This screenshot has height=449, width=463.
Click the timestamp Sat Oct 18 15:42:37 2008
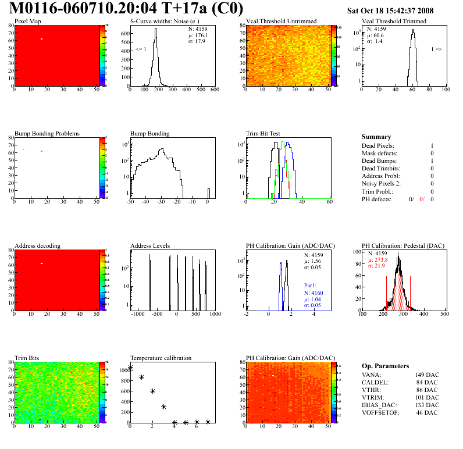point(390,10)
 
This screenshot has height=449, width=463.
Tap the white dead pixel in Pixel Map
point(42,39)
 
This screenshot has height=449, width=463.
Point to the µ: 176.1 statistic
point(198,35)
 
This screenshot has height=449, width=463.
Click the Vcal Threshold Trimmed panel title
point(394,22)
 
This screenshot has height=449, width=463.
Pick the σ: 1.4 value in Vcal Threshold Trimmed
point(375,41)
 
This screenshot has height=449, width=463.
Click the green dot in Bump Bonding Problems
point(42,151)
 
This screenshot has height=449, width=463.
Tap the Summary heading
point(376,137)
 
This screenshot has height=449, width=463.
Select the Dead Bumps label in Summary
point(378,161)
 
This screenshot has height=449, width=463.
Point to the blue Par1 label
point(311,286)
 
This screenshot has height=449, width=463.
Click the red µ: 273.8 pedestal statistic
point(378,260)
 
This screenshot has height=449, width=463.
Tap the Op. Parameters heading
point(386,366)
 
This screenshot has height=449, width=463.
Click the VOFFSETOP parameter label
point(382,413)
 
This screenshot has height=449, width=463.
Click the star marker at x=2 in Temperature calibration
point(152,391)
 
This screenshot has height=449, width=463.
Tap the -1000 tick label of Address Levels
point(137,314)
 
